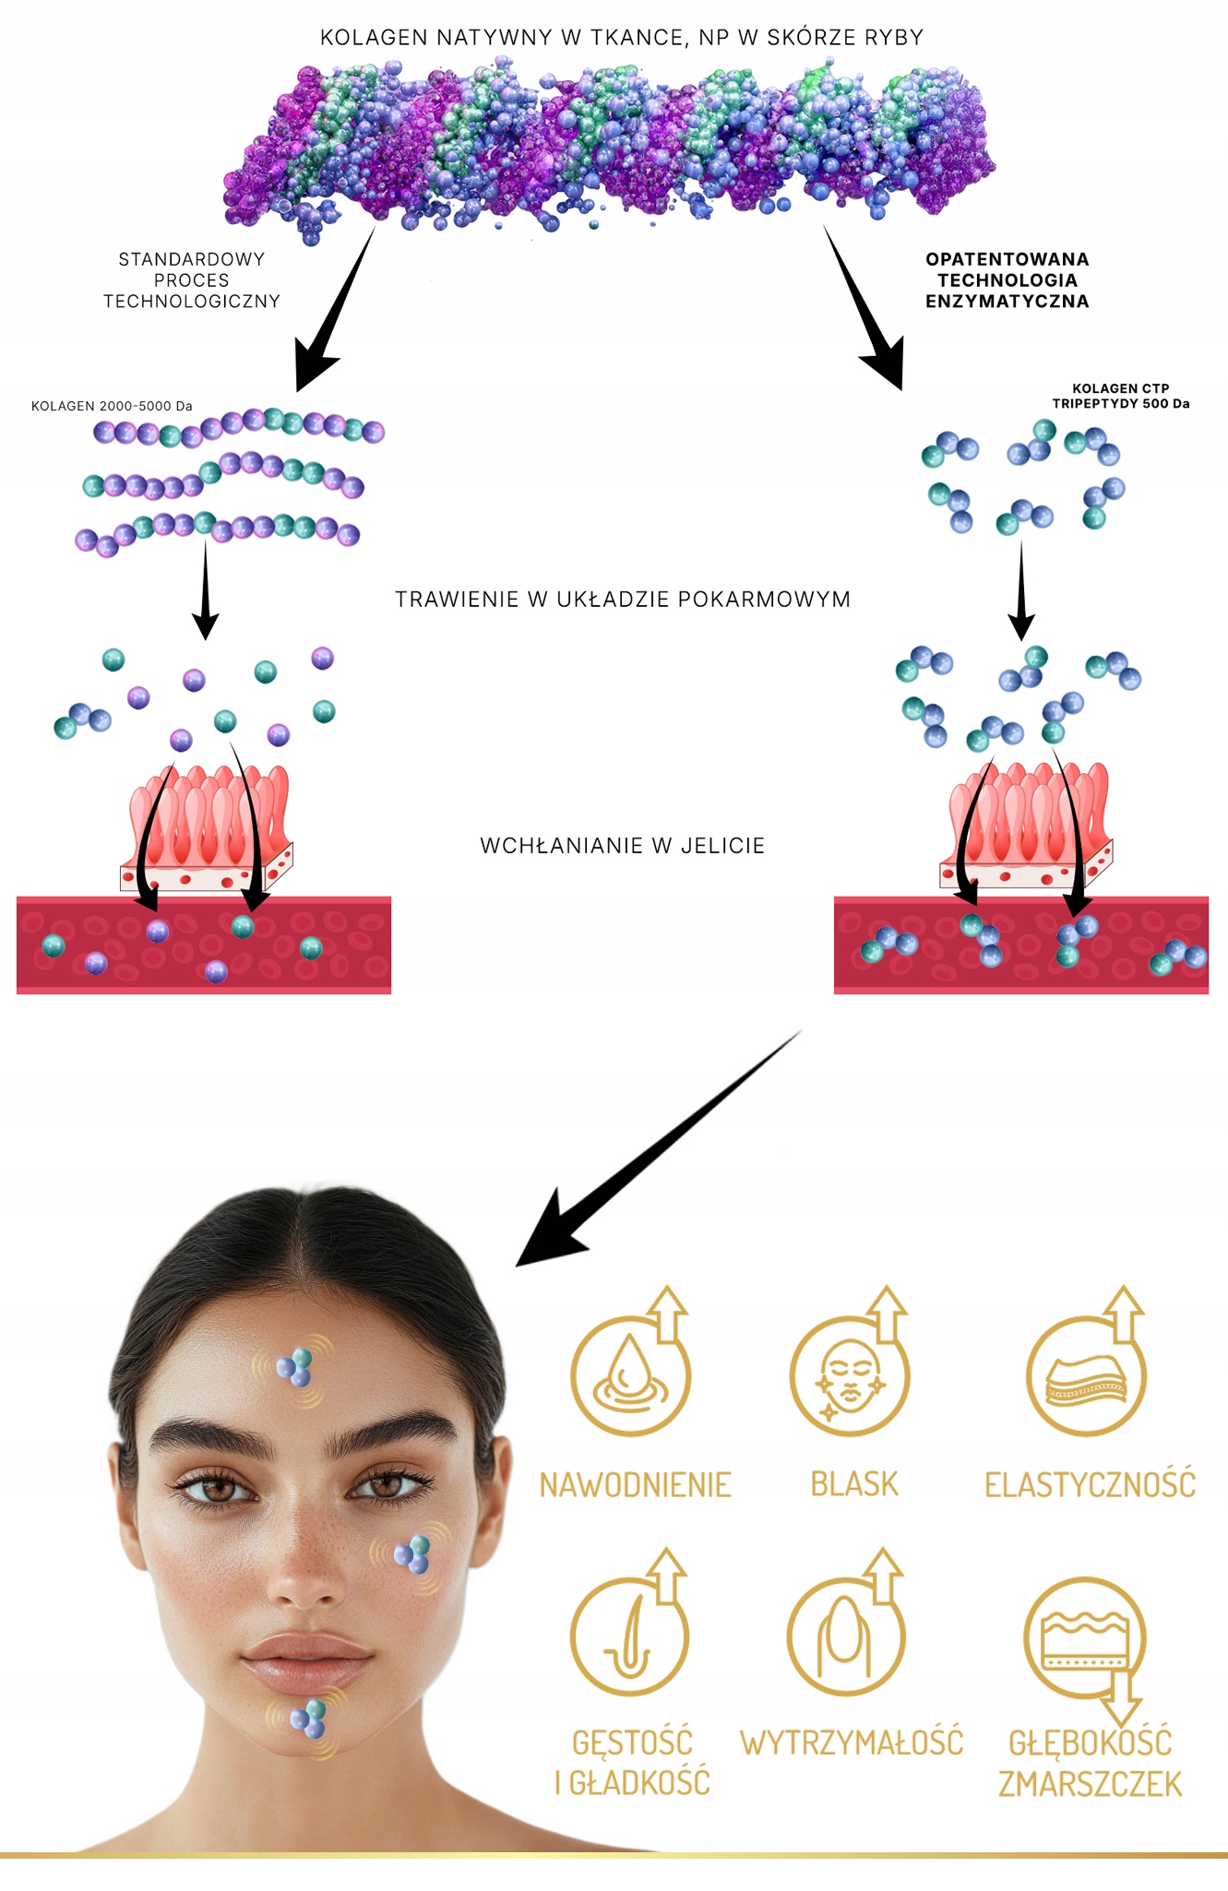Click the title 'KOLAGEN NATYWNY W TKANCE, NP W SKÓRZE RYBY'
tap(621, 38)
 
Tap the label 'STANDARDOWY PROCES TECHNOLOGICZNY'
tap(191, 280)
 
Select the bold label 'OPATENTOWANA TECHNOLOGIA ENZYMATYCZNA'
tap(1007, 280)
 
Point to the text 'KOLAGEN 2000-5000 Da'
tap(112, 406)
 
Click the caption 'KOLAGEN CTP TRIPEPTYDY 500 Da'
tap(1120, 396)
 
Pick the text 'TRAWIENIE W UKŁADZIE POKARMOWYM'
tap(622, 600)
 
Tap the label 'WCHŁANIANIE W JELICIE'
tap(622, 846)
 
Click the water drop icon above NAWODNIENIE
tap(630, 1374)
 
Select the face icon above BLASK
tap(849, 1374)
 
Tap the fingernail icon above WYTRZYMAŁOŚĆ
tap(845, 1637)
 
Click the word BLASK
tap(853, 1484)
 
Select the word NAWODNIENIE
tap(635, 1485)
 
